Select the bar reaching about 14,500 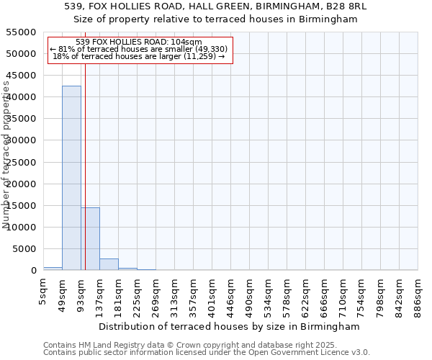(90, 238)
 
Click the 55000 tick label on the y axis (22, 32)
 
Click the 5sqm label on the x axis (44, 291)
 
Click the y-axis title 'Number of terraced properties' (6, 155)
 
